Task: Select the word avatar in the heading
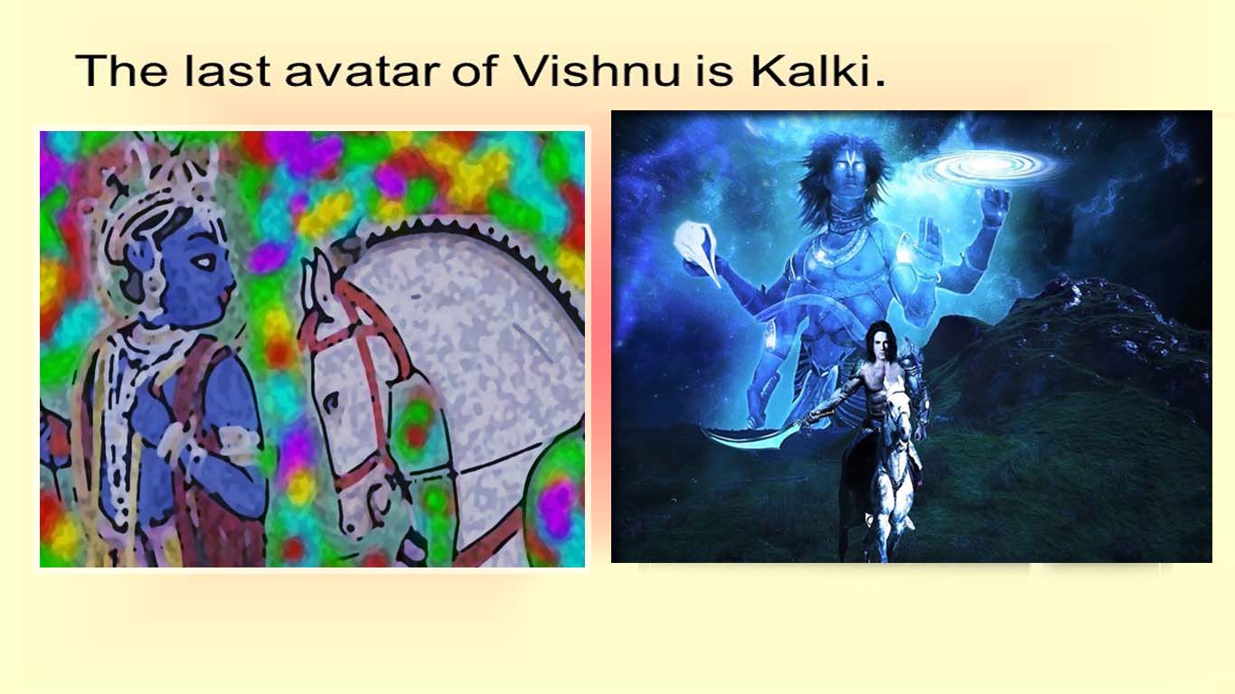(x=363, y=72)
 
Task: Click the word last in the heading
(x=227, y=71)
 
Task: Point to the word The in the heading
(x=121, y=71)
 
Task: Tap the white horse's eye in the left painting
(x=330, y=402)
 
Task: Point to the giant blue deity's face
(x=849, y=171)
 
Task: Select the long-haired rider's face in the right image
(x=882, y=347)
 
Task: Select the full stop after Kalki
(x=880, y=83)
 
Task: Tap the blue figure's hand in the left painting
(x=182, y=441)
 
